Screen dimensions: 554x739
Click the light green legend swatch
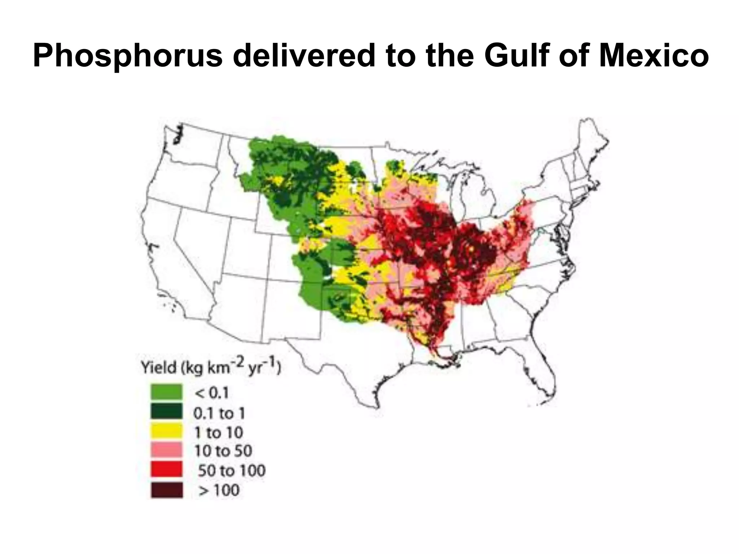pos(166,392)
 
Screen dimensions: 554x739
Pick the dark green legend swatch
pos(166,412)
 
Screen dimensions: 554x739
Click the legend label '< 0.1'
pos(212,393)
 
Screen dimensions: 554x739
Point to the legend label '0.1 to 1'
pos(219,413)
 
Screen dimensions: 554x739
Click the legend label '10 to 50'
pos(223,451)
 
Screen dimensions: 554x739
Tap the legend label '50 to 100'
pos(231,471)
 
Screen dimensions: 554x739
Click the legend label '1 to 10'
pos(218,432)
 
